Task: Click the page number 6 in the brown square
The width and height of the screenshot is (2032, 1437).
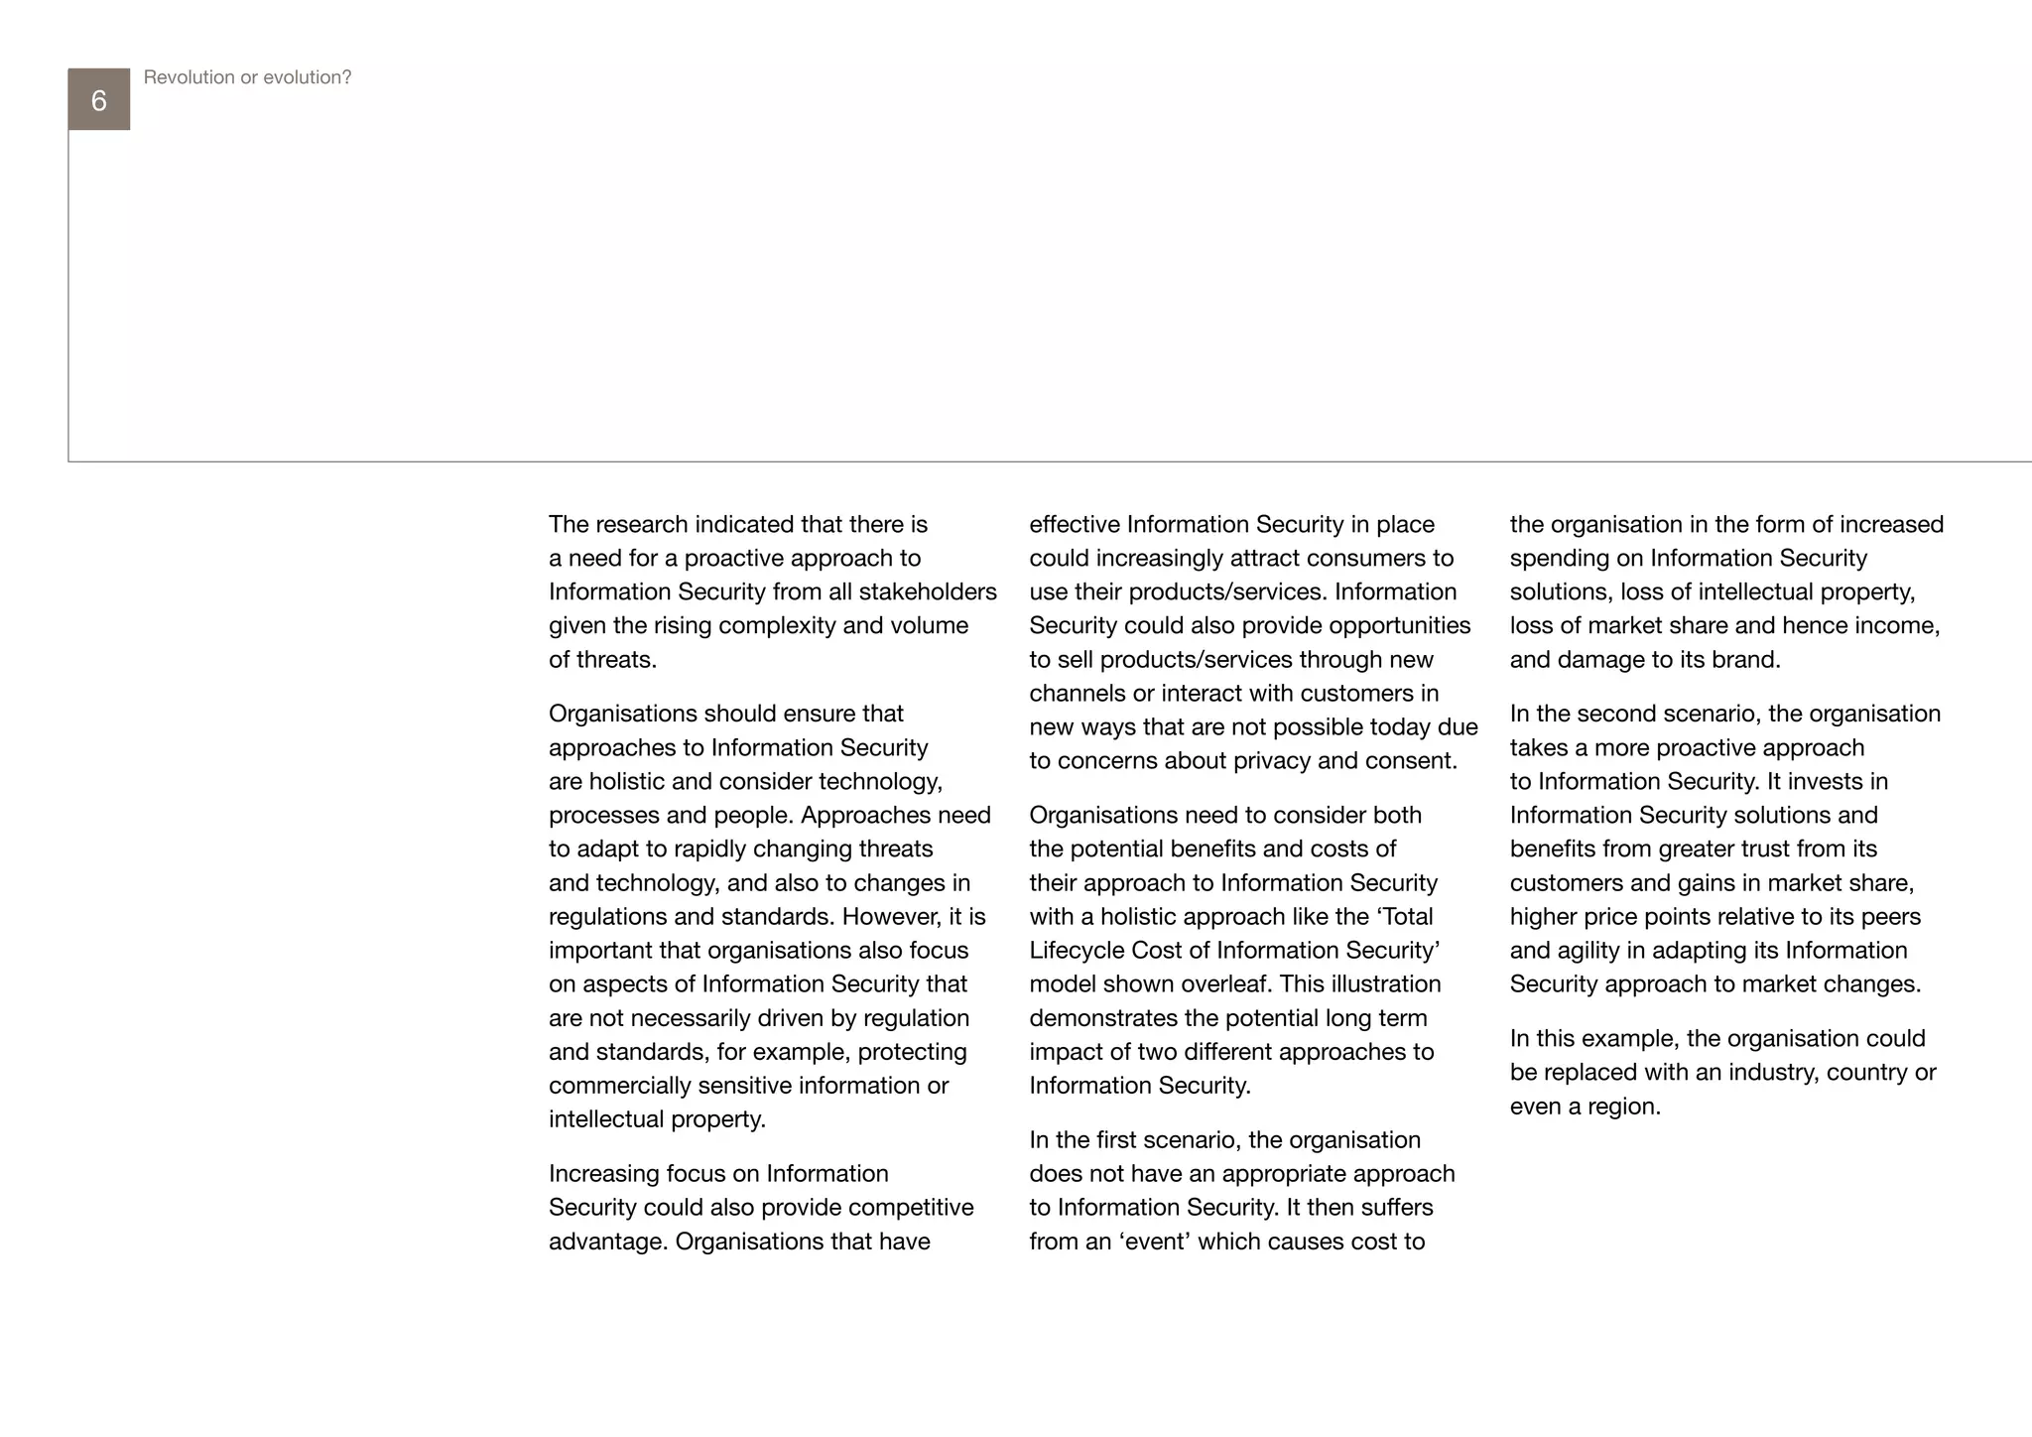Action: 98,100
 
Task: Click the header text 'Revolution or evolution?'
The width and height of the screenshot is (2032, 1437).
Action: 247,77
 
